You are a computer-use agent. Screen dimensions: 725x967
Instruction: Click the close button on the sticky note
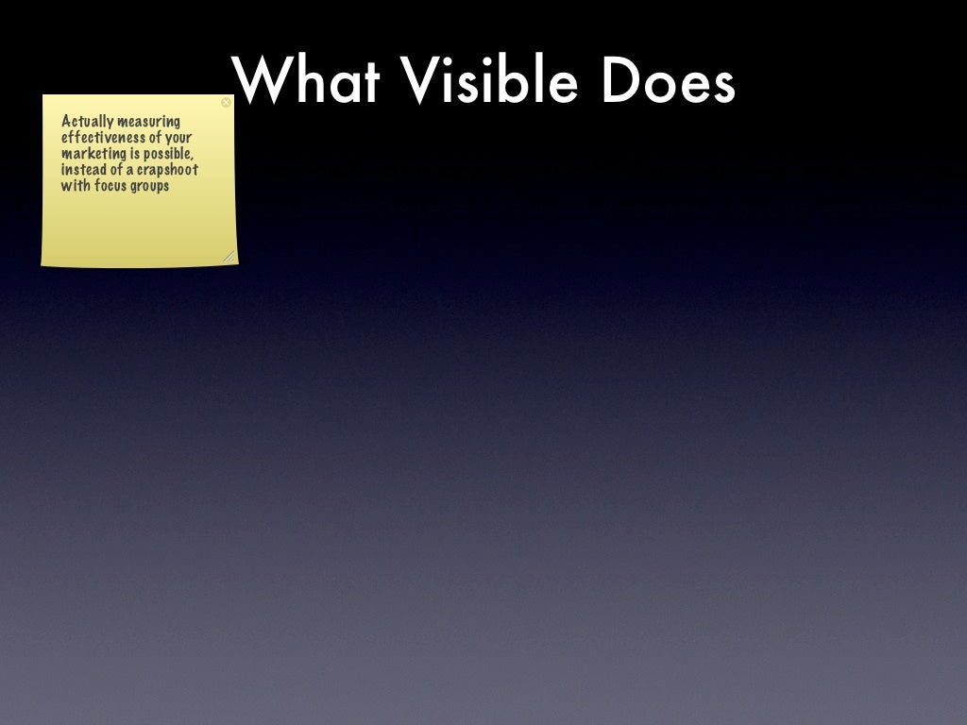[x=226, y=102]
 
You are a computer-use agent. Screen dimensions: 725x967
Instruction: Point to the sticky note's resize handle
[x=228, y=256]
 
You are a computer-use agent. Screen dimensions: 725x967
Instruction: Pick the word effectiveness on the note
[x=103, y=138]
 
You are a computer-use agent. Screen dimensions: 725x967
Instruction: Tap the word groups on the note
[x=150, y=187]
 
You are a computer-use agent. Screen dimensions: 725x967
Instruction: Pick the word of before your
[x=156, y=138]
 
